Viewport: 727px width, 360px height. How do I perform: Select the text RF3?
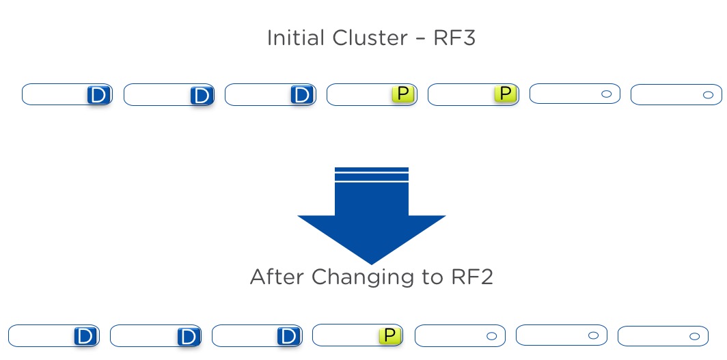[x=454, y=38]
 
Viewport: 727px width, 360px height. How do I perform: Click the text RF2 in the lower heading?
[x=471, y=277]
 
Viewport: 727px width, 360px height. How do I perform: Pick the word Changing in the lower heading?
[x=363, y=279]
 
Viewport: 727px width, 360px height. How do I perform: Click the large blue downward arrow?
[x=372, y=215]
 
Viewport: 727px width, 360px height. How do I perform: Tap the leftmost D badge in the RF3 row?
[x=99, y=95]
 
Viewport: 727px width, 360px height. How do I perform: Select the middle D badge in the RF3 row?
[x=202, y=96]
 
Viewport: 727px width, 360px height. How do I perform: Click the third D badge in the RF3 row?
[x=303, y=95]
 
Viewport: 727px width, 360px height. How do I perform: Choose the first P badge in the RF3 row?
[x=403, y=94]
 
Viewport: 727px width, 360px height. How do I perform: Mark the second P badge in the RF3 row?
[x=506, y=94]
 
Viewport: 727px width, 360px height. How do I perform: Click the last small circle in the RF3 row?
[x=708, y=95]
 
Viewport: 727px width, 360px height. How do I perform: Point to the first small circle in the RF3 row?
[x=607, y=94]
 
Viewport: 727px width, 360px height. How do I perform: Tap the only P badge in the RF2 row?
[x=390, y=335]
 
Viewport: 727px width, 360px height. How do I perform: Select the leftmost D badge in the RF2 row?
[x=86, y=336]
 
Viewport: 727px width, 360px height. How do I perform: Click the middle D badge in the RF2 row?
[x=189, y=336]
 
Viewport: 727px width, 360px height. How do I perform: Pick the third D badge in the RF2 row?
[x=289, y=336]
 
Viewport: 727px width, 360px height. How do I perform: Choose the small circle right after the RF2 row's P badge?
[x=491, y=336]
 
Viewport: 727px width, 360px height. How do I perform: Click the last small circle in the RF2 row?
[x=694, y=336]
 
